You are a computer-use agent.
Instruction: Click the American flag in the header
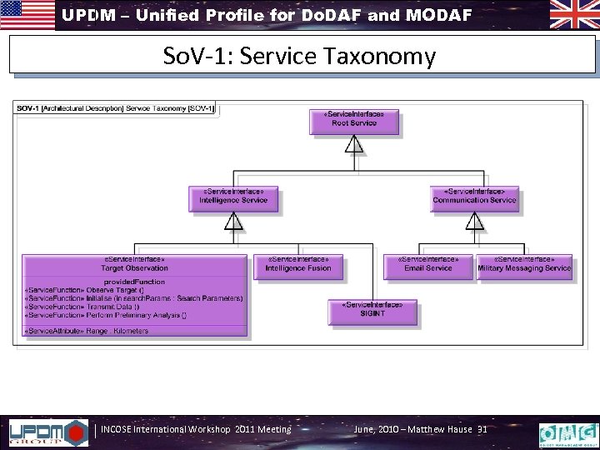[27, 15]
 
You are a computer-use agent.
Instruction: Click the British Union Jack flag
[572, 15]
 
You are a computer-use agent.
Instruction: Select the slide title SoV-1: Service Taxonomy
[300, 57]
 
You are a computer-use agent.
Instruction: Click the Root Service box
[354, 120]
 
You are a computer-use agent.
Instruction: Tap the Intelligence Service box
[233, 197]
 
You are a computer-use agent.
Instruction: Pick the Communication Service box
[474, 197]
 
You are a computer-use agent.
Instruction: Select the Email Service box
[427, 265]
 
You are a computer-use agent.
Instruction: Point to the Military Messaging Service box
[524, 265]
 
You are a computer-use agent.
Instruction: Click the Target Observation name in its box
[134, 267]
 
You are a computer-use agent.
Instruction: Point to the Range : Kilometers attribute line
[87, 331]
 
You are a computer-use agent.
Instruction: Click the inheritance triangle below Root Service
[355, 147]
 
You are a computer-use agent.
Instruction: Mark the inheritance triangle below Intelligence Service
[234, 221]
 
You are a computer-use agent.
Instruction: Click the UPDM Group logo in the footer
[47, 431]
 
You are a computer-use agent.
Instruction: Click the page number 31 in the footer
[482, 429]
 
